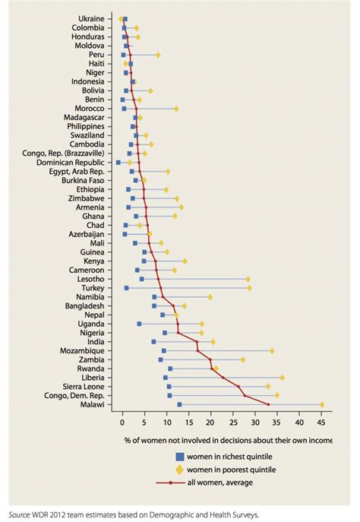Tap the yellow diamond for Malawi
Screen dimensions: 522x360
pyautogui.click(x=322, y=405)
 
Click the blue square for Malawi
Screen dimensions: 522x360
pyautogui.click(x=179, y=405)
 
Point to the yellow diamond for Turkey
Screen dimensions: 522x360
pyautogui.click(x=248, y=288)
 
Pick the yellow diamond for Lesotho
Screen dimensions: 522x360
pyautogui.click(x=248, y=279)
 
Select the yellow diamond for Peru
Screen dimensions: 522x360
pyautogui.click(x=158, y=55)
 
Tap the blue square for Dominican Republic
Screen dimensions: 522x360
pyautogui.click(x=118, y=163)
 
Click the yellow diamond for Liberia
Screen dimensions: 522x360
pyautogui.click(x=282, y=378)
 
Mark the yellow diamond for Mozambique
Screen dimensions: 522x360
pyautogui.click(x=272, y=351)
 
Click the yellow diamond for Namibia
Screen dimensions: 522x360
pyautogui.click(x=210, y=297)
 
